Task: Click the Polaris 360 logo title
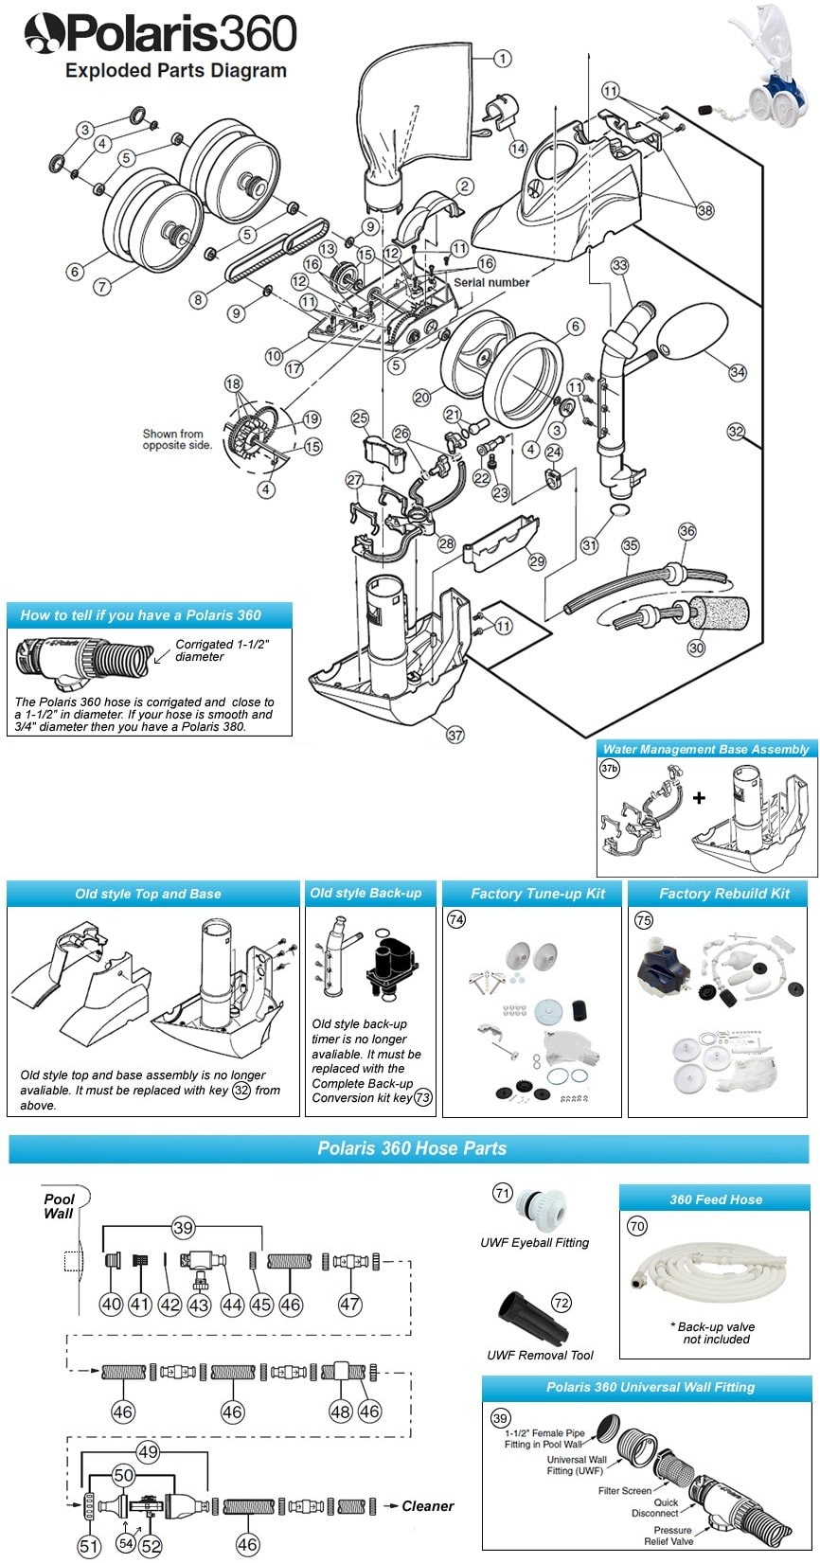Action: pos(161,36)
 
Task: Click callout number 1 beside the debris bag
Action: pos(502,59)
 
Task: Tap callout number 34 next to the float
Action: pos(738,372)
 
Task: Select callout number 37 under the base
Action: pos(455,735)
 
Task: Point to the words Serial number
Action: pos(491,282)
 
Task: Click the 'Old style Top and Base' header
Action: pos(149,894)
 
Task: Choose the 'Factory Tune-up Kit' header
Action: pos(538,894)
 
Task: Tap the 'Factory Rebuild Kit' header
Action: pos(724,894)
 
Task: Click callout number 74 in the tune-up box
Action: pos(456,919)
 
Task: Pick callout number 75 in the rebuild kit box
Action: pos(643,919)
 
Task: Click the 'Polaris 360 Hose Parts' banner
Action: pos(411,1148)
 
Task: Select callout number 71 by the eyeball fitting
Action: pos(503,1194)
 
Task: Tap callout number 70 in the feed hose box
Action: pos(637,1227)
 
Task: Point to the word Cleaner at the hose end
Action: pos(428,1505)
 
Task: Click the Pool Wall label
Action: pos(59,1206)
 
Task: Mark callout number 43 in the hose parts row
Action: pos(199,1305)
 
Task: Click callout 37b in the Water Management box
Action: pos(610,769)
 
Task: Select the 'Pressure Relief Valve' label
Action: pos(672,1536)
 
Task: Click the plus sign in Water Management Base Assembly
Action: pos(699,798)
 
